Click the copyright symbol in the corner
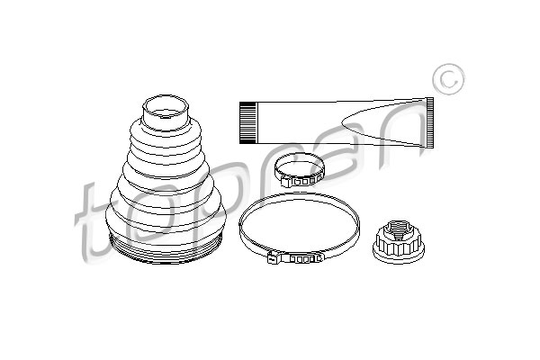(x=449, y=79)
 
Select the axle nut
(x=399, y=241)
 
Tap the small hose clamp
(x=299, y=170)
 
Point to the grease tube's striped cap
(x=248, y=122)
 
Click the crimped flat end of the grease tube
(x=430, y=122)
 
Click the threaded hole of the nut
(x=400, y=231)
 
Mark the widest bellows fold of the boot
(x=166, y=220)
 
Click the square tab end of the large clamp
(x=274, y=257)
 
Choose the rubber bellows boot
(x=166, y=179)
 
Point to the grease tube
(x=337, y=122)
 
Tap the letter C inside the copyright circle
(x=449, y=79)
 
